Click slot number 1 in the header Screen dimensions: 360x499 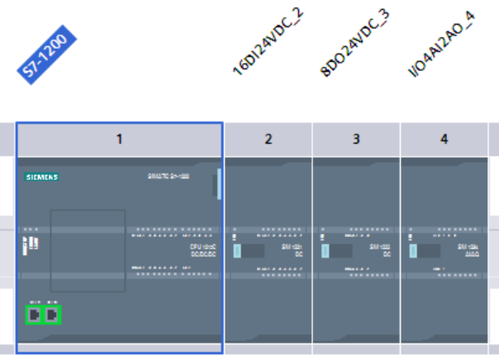(x=119, y=139)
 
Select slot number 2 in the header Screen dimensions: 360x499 (x=268, y=139)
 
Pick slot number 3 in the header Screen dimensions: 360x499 (x=356, y=139)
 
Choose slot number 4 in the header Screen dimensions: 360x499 (x=444, y=139)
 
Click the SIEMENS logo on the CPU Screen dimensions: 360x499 (x=41, y=177)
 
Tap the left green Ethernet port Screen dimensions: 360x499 (x=34, y=315)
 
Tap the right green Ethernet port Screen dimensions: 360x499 (x=52, y=315)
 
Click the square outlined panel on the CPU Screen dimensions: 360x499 (x=88, y=249)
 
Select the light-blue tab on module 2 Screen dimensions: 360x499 (x=237, y=252)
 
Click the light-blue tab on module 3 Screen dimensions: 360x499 (x=325, y=251)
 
